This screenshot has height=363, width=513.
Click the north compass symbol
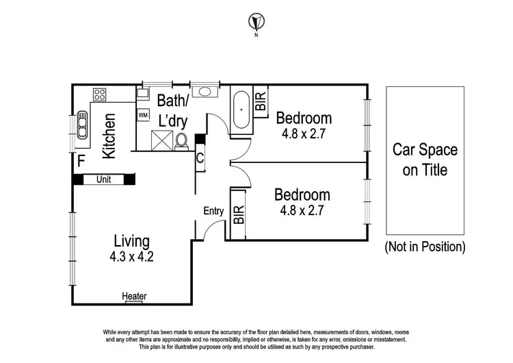[x=256, y=21]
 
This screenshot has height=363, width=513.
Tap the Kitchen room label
[x=109, y=136]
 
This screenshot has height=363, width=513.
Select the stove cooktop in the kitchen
[x=99, y=95]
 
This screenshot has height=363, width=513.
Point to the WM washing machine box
[x=143, y=115]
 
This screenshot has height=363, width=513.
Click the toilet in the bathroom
[x=182, y=140]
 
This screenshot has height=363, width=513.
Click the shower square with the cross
[x=162, y=140]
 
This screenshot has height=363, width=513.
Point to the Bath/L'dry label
[x=172, y=110]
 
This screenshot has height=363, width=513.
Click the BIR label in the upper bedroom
[x=261, y=103]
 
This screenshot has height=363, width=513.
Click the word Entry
[x=213, y=212]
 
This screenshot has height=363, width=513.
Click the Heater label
[x=134, y=297]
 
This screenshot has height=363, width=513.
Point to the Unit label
[x=104, y=179]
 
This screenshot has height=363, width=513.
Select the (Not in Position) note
[x=425, y=246]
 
